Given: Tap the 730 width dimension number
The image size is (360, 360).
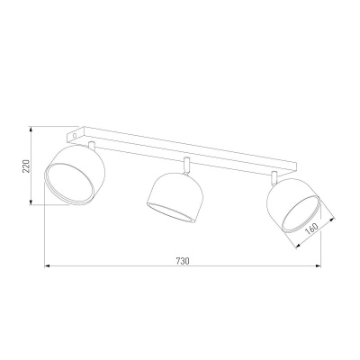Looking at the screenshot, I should point(181,261).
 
